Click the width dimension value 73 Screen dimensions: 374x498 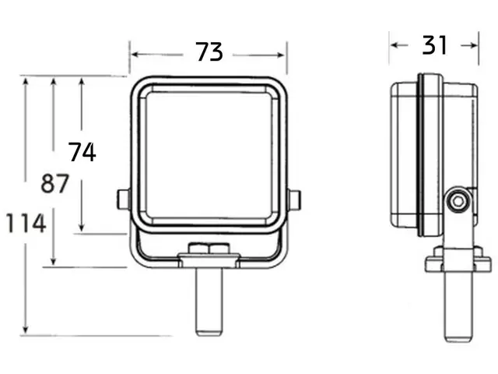coord(209,52)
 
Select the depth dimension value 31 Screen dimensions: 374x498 coord(434,45)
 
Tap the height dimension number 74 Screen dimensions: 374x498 coord(82,152)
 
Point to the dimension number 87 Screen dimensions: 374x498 coord(54,185)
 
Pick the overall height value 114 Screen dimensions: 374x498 coord(26,224)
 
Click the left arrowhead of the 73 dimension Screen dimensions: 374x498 coord(134,55)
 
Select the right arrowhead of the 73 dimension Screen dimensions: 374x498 coord(282,55)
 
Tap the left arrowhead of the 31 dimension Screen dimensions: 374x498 coord(394,45)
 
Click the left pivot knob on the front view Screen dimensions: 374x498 coord(122,199)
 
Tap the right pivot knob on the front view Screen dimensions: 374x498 coord(294,199)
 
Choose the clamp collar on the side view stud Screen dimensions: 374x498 coord(458,260)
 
